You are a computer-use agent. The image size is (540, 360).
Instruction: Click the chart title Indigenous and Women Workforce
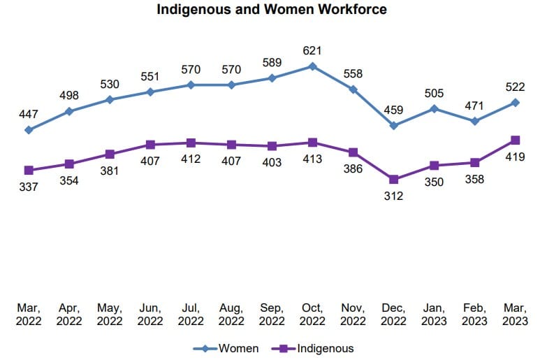pos(271,10)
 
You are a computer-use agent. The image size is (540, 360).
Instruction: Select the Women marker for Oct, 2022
pos(312,66)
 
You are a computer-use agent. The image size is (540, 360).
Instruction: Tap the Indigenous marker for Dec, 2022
pos(394,180)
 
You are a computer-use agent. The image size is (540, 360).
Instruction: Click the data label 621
pos(312,50)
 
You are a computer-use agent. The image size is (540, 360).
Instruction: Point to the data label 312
pos(394,196)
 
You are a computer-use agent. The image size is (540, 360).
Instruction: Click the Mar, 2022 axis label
pos(29,314)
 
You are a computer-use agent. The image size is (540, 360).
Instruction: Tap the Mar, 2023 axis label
pos(516,314)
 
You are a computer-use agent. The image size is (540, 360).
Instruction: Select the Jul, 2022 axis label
pos(191,314)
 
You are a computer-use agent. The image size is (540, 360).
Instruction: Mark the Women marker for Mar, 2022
pos(29,130)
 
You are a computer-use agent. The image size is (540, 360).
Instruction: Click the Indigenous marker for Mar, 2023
pos(516,141)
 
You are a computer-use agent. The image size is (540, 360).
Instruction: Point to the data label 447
pos(29,114)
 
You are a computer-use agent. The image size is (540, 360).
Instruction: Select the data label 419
pos(516,158)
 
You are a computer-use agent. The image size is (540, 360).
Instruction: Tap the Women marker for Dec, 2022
pos(394,126)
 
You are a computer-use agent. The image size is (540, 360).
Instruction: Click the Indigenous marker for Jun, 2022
pos(150,145)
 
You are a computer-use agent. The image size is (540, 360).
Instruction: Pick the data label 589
pos(272,62)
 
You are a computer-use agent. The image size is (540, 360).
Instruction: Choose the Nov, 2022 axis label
pos(353,314)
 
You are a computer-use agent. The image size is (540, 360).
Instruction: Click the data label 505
pos(435,92)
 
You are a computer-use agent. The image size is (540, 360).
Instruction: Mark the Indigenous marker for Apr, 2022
pos(69,164)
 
